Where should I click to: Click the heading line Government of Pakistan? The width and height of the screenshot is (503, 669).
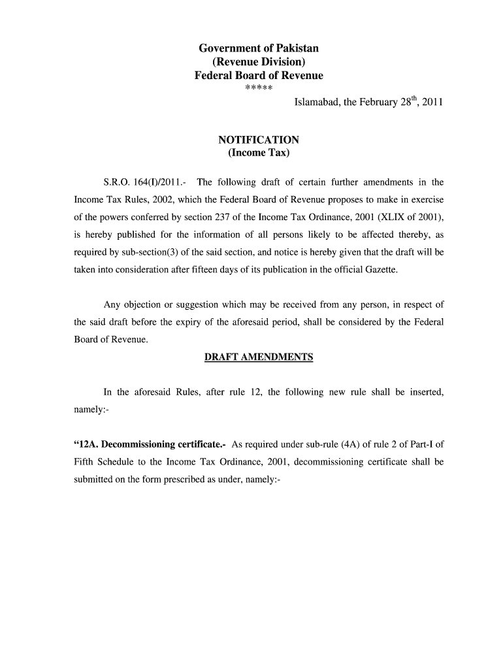pos(259,48)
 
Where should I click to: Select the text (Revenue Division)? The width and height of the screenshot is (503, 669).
pos(259,62)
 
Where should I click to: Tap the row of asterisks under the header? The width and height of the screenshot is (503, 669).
pos(259,89)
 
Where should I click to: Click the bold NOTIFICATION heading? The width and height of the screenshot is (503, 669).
pos(259,140)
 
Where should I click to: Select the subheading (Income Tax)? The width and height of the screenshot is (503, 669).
pos(259,154)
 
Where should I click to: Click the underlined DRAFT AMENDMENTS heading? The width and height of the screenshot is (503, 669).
pos(259,357)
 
